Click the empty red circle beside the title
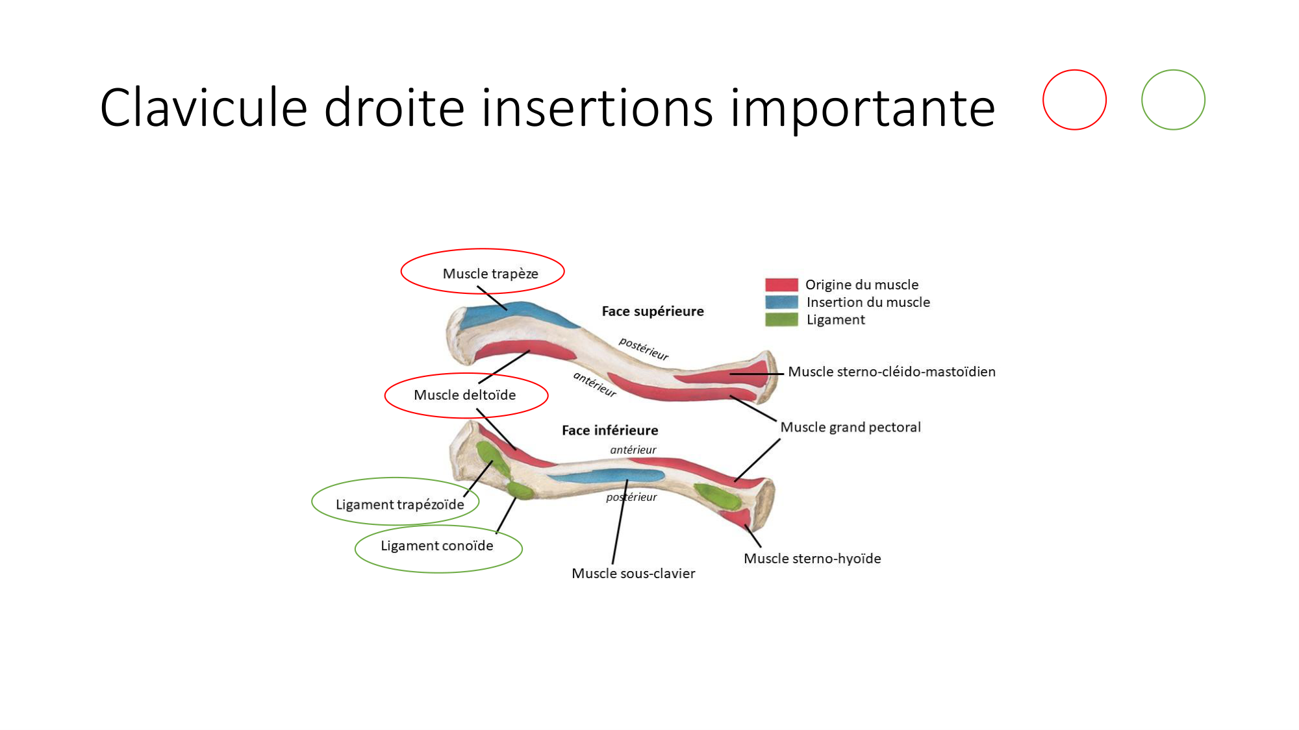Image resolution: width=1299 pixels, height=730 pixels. pyautogui.click(x=1074, y=100)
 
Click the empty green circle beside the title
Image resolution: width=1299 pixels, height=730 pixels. pyautogui.click(x=1173, y=100)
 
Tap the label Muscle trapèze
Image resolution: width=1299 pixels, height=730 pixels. pyautogui.click(x=490, y=274)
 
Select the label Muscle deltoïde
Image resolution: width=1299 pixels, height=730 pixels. pyautogui.click(x=464, y=395)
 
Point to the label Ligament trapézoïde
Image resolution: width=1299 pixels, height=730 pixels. pyautogui.click(x=399, y=505)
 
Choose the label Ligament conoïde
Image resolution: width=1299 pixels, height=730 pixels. pyautogui.click(x=436, y=546)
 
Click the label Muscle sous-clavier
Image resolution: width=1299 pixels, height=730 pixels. pyautogui.click(x=633, y=574)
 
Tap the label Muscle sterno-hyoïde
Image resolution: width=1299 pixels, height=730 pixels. pyautogui.click(x=812, y=559)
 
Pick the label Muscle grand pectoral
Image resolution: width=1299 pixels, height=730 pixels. pyautogui.click(x=850, y=428)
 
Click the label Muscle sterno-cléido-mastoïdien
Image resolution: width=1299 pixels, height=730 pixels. pyautogui.click(x=891, y=372)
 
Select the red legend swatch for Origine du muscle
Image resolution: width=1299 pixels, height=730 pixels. pyautogui.click(x=781, y=285)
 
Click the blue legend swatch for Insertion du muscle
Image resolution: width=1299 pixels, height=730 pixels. pyautogui.click(x=781, y=302)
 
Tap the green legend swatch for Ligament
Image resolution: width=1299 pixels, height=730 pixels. pyautogui.click(x=781, y=320)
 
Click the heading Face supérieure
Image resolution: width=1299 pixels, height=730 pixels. pyautogui.click(x=652, y=311)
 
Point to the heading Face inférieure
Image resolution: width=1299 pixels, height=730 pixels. pyautogui.click(x=609, y=430)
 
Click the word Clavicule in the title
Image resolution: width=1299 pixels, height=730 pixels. pyautogui.click(x=203, y=108)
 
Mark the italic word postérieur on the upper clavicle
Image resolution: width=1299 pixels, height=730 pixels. pyautogui.click(x=643, y=348)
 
